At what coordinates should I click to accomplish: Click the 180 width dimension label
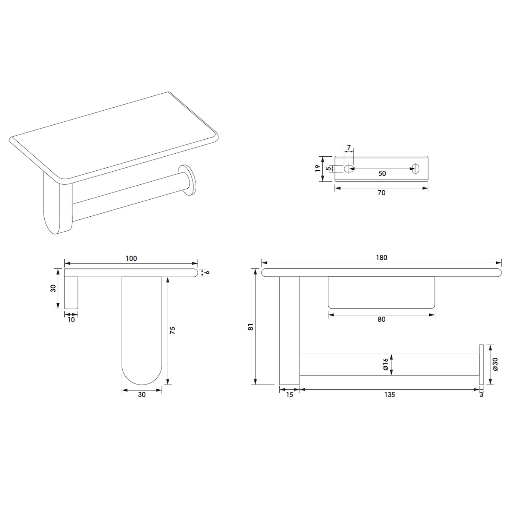(x=382, y=258)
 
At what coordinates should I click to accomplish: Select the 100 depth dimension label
(x=131, y=259)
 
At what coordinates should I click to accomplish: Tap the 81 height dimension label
(x=251, y=327)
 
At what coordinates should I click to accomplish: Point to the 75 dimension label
(x=172, y=330)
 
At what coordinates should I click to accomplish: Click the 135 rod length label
(x=389, y=394)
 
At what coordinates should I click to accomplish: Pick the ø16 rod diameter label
(x=385, y=365)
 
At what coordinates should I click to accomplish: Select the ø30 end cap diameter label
(x=495, y=365)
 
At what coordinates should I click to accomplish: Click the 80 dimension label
(x=382, y=319)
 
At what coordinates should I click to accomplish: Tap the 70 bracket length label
(x=382, y=193)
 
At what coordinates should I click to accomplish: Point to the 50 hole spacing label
(x=382, y=173)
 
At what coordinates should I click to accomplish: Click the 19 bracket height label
(x=318, y=168)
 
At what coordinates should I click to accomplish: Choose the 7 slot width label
(x=349, y=148)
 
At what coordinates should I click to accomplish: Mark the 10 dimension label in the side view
(x=71, y=320)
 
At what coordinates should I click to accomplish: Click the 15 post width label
(x=289, y=394)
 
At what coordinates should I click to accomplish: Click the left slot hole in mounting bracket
(x=347, y=168)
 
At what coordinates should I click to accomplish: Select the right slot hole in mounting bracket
(x=415, y=168)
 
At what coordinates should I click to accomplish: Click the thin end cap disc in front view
(x=481, y=365)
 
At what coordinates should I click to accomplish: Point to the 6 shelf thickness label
(x=207, y=273)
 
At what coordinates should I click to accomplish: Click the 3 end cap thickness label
(x=481, y=395)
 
